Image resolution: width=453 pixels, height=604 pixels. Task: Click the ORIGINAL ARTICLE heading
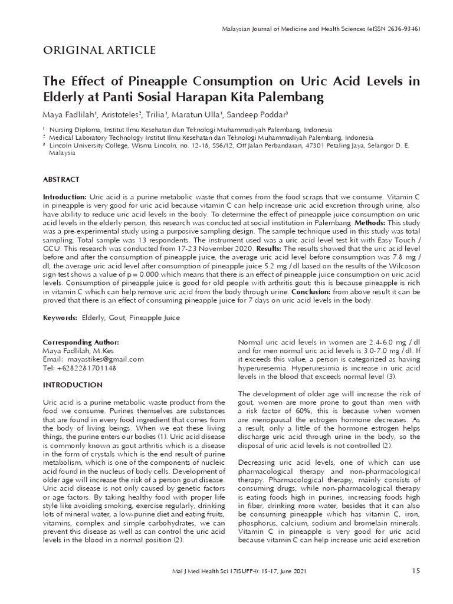(100, 50)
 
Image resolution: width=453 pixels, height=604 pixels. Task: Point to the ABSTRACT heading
(61, 179)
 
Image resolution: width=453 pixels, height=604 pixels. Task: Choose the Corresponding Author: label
(81, 342)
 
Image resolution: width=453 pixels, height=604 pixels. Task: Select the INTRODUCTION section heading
(73, 385)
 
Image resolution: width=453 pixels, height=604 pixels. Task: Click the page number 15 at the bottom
(416, 571)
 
